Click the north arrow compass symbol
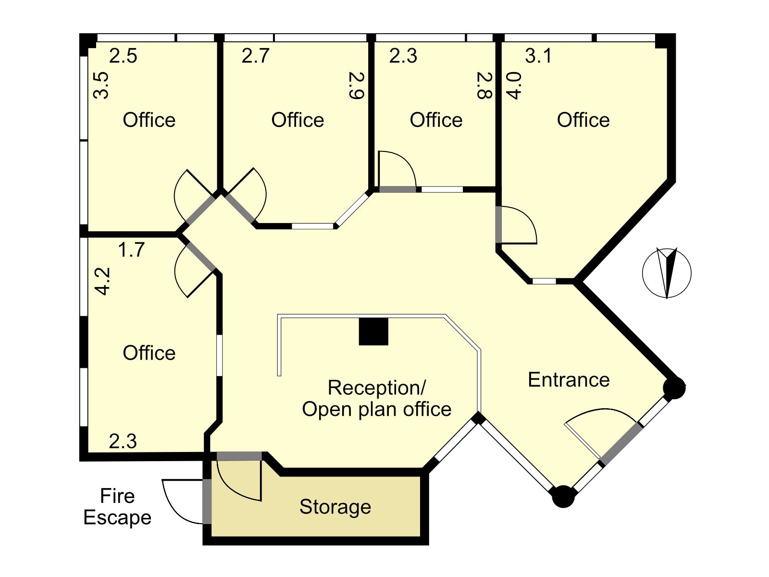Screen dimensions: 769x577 (667, 273)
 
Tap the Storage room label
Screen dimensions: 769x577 (335, 507)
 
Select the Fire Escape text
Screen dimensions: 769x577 (117, 507)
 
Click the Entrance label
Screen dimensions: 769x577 (569, 380)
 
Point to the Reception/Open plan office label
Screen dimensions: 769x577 (377, 398)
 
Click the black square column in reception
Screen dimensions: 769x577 (373, 331)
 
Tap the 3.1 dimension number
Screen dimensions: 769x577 (538, 56)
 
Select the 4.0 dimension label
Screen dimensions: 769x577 (514, 86)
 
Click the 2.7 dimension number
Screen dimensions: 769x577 (255, 56)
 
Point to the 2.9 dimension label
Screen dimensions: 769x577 (357, 86)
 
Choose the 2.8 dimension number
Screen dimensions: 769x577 (485, 86)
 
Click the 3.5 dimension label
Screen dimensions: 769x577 (101, 86)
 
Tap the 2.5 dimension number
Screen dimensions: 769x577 (123, 56)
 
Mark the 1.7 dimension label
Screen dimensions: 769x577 (131, 250)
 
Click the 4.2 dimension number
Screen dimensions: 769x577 (103, 281)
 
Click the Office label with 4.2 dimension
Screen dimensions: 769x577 (149, 353)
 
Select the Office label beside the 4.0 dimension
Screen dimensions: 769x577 (583, 120)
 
